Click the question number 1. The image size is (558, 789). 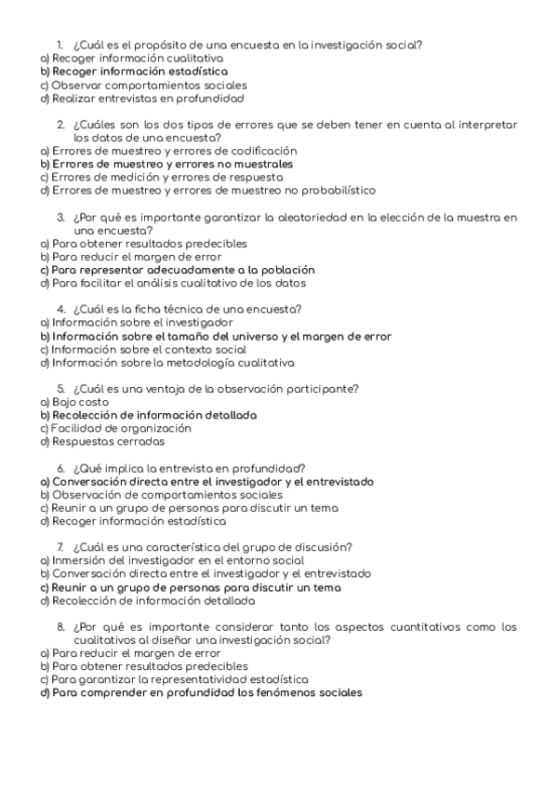pyautogui.click(x=59, y=44)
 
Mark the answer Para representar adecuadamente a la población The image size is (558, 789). pyautogui.click(x=182, y=270)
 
